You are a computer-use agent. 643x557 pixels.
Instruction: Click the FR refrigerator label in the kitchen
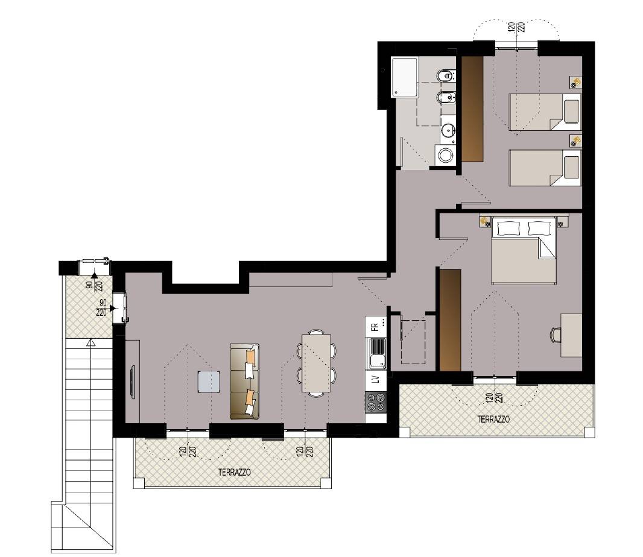375,327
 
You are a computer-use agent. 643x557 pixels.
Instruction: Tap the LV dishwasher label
375,380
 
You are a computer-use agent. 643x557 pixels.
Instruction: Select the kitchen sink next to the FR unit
377,354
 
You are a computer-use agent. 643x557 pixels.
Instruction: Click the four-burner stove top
376,401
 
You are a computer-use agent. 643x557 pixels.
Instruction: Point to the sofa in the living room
245,382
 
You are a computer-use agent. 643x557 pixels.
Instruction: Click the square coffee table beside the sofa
208,382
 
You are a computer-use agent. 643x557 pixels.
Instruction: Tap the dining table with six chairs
316,363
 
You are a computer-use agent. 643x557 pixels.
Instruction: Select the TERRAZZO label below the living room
235,472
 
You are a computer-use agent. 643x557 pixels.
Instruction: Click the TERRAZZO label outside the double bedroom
493,420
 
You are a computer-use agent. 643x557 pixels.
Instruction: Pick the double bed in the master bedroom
524,251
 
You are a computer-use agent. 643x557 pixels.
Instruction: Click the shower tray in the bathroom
405,78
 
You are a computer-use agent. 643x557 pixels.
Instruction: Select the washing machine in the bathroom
445,155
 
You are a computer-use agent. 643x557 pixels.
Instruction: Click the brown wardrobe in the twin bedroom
473,109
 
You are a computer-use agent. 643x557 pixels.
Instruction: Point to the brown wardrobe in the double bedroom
450,320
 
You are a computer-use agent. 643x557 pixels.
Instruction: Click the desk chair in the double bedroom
556,335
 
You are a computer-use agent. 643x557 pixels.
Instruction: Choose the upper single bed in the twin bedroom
545,112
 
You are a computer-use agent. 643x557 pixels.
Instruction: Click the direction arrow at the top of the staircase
89,342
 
